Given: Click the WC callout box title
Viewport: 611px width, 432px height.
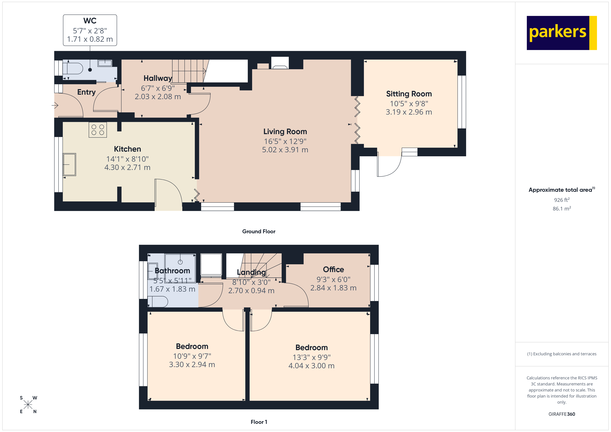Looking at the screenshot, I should tap(90, 21).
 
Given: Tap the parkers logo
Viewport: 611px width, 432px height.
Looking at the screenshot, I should tap(561, 33).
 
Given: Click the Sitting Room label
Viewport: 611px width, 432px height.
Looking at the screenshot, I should tap(409, 94).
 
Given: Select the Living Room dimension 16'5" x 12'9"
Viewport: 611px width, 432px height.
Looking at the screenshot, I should tap(285, 141).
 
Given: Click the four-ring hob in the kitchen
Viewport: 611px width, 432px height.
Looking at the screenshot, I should tap(98, 130).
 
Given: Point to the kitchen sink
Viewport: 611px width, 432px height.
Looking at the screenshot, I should tap(69, 164).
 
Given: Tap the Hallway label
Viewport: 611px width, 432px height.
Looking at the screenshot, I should tap(158, 78).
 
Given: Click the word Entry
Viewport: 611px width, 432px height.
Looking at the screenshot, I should tap(86, 92).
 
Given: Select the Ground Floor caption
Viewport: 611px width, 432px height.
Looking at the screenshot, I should tap(258, 231).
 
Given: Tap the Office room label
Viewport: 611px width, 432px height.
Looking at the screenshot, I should tap(333, 269).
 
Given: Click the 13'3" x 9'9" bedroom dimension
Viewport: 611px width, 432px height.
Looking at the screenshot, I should tap(311, 357).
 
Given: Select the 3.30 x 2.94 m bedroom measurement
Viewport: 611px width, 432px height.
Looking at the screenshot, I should tap(192, 364).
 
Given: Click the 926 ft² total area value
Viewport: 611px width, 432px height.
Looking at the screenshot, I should tap(561, 200).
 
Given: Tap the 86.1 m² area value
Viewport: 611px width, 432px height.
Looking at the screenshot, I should tap(561, 209).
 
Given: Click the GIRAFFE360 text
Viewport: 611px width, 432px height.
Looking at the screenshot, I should tap(561, 414).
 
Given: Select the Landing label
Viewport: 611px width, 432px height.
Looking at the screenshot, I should tap(251, 272).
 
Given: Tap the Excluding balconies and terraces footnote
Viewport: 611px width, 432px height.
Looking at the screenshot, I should tap(561, 354).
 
